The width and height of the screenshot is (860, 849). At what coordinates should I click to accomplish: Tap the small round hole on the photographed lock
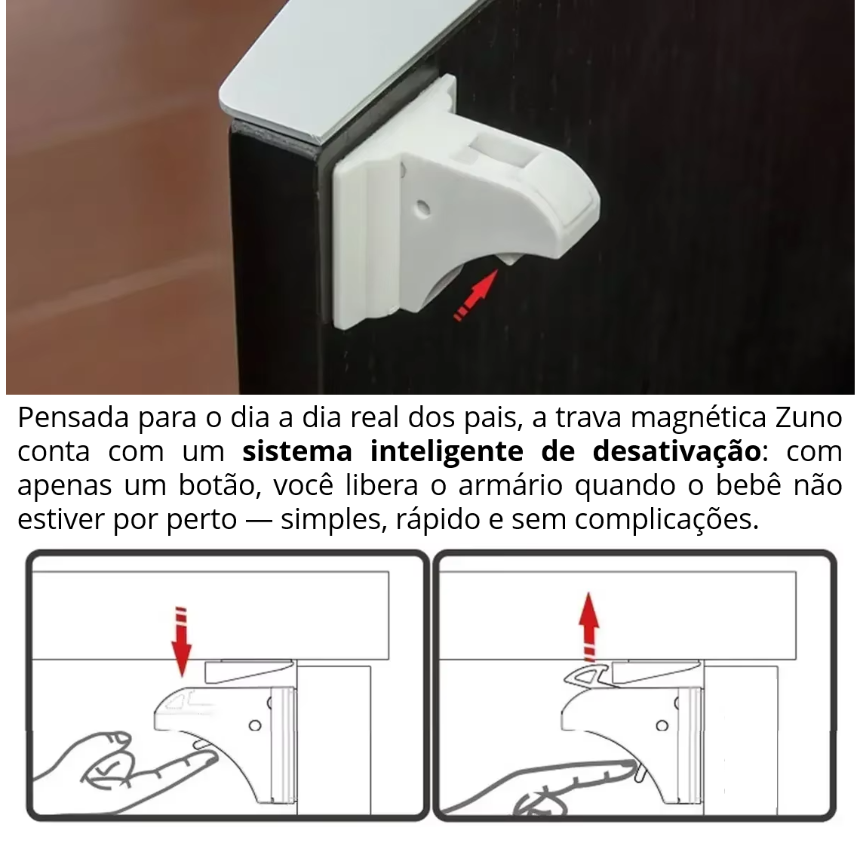pyautogui.click(x=423, y=208)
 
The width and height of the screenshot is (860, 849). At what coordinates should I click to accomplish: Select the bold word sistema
pyautogui.click(x=297, y=451)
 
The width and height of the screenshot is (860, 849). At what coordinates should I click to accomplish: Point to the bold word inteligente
pyautogui.click(x=447, y=452)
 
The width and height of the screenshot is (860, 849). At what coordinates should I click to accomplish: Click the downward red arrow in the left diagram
pyautogui.click(x=182, y=641)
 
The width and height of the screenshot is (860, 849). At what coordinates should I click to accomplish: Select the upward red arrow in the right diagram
pyautogui.click(x=590, y=626)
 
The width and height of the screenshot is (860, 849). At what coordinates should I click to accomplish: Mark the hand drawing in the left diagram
pyautogui.click(x=126, y=768)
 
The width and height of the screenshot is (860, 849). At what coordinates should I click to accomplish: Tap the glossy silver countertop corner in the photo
pyautogui.click(x=329, y=66)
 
